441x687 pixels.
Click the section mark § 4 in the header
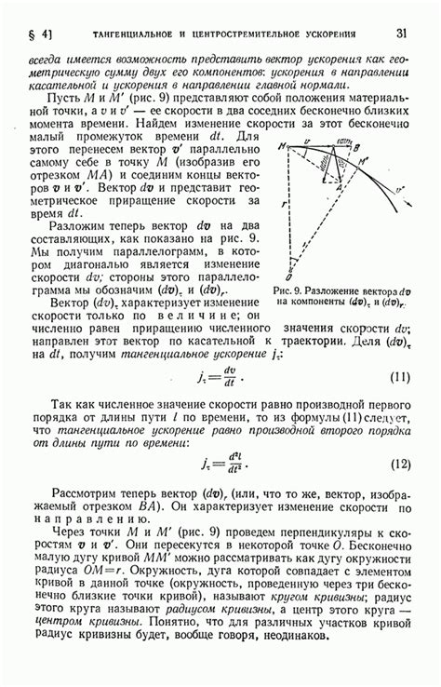pos(44,35)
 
